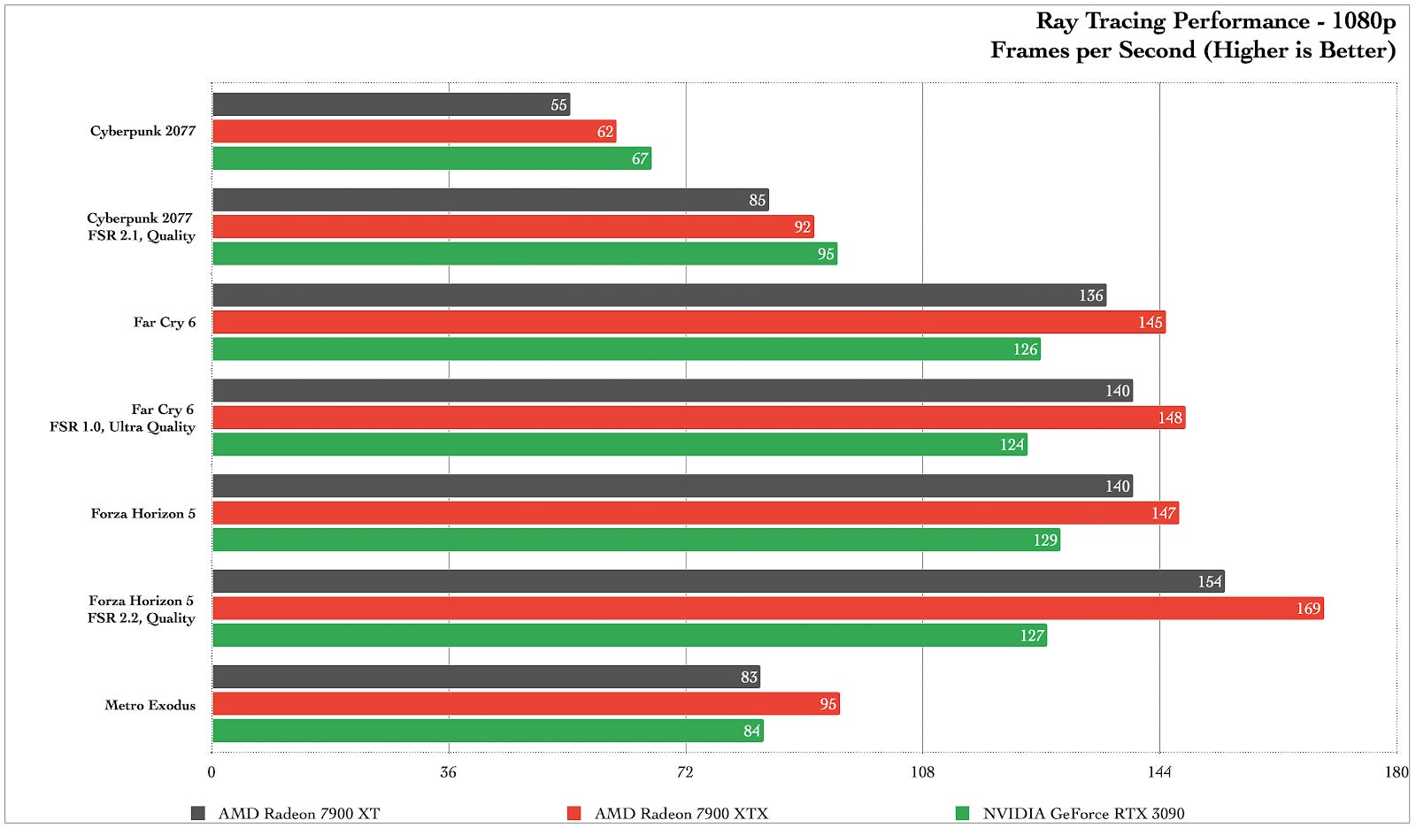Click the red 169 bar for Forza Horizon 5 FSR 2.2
coord(767,609)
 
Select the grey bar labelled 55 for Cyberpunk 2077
coord(390,104)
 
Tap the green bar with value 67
coord(431,158)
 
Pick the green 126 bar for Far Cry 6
coord(626,349)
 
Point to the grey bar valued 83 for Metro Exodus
coord(486,677)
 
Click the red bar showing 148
coord(698,418)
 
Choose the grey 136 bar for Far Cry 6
coord(658,295)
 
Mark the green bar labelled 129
coord(635,540)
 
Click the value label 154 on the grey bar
coord(1209,582)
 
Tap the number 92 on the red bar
coord(802,227)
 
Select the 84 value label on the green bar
coord(751,732)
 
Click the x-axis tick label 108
coord(922,772)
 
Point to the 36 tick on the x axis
coord(449,772)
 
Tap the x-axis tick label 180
coord(1396,772)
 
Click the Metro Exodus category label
coord(150,705)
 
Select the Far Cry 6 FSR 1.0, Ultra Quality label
coord(122,418)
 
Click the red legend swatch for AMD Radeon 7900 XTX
coord(574,813)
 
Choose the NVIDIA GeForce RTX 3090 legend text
coord(1083,814)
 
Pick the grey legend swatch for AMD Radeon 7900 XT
coord(198,813)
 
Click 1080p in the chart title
coord(1363,21)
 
